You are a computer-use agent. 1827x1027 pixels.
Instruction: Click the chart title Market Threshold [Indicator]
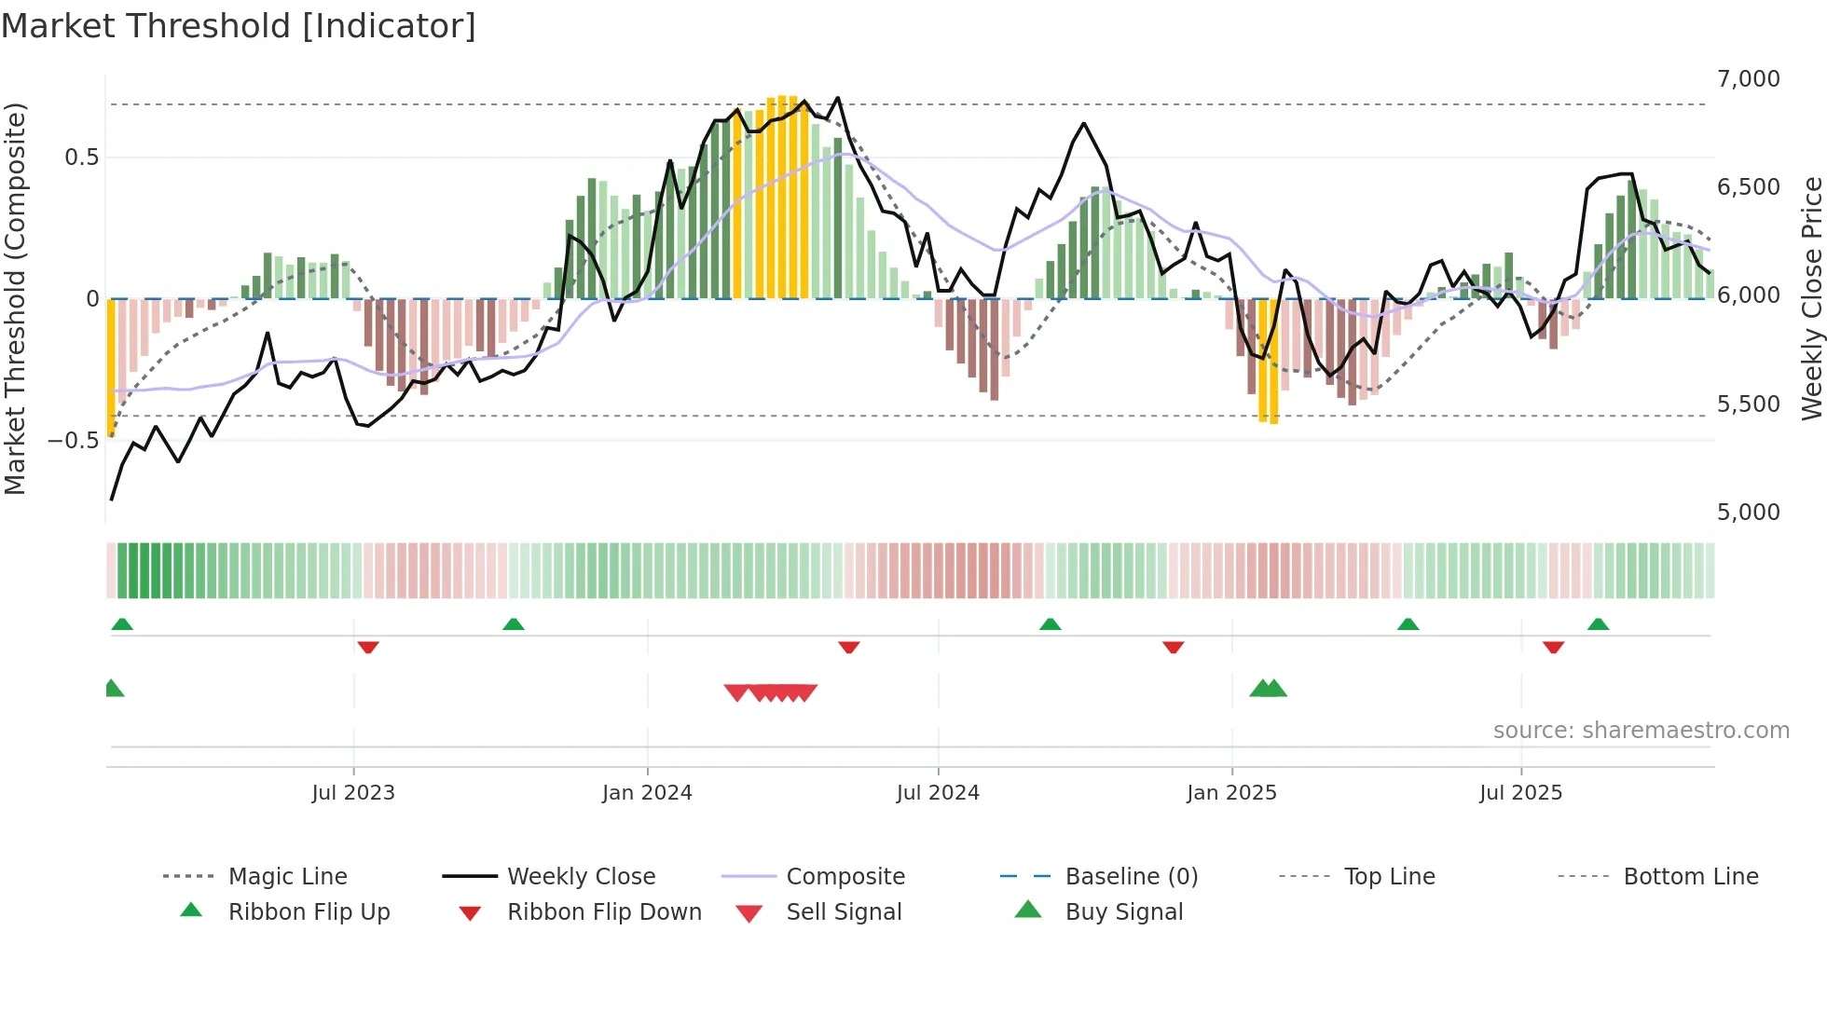(x=239, y=26)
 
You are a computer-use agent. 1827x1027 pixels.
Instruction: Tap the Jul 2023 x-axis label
(x=353, y=793)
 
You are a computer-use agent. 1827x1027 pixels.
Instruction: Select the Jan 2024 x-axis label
(x=647, y=793)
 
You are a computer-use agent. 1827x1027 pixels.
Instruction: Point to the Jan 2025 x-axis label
(x=1231, y=793)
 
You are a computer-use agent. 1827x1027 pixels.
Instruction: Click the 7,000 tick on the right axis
(x=1748, y=79)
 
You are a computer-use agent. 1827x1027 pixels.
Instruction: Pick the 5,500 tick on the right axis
(x=1748, y=404)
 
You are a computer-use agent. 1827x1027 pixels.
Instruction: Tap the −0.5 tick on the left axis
(x=73, y=440)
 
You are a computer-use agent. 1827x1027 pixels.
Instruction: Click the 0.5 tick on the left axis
(x=81, y=157)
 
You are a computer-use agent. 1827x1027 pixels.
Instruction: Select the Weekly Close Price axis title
(x=1811, y=298)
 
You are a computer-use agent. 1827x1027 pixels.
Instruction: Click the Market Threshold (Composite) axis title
(x=15, y=298)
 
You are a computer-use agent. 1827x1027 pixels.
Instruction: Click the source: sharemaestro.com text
(x=1641, y=731)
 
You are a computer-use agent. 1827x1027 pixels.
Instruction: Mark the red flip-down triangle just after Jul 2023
(x=368, y=647)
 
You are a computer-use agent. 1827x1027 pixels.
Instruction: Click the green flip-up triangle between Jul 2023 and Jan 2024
(x=514, y=624)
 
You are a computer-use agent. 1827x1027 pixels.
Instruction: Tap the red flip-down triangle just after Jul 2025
(x=1553, y=647)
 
